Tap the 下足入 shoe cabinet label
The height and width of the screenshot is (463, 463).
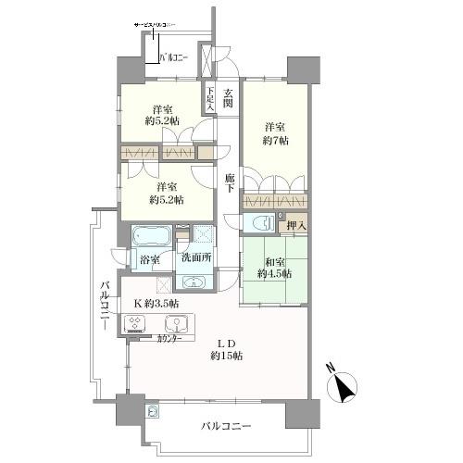tap(210, 99)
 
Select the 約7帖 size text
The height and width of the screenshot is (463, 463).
tap(275, 141)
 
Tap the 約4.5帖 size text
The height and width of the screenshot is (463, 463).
tap(275, 273)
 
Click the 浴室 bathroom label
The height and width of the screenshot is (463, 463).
tap(149, 261)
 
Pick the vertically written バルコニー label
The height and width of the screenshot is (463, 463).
tap(105, 306)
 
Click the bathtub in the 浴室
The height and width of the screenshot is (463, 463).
tap(151, 234)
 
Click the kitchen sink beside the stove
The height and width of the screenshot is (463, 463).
tap(173, 324)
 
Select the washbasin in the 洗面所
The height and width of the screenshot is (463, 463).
tap(194, 283)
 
